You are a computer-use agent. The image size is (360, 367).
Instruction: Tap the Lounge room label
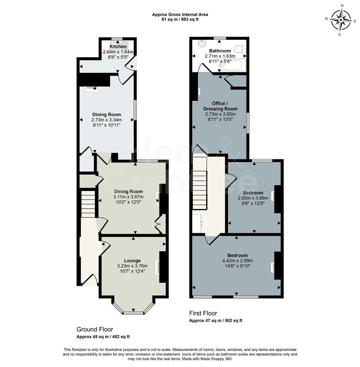[132, 261]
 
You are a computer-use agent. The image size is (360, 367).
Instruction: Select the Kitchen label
[118, 47]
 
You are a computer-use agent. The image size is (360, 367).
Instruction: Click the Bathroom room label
[220, 51]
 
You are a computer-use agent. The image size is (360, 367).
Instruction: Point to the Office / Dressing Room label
[220, 106]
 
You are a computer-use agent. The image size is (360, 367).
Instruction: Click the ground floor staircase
[88, 204]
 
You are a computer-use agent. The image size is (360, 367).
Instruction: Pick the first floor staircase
[200, 183]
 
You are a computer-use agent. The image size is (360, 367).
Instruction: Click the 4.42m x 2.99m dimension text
[237, 261]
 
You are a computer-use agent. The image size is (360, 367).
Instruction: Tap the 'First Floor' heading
[203, 313]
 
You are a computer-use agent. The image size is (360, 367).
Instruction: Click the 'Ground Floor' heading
[95, 329]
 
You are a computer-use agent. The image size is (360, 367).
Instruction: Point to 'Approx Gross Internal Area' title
[180, 14]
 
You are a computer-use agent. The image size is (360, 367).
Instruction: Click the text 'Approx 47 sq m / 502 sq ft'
[216, 321]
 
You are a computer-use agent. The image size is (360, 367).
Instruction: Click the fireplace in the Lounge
[158, 267]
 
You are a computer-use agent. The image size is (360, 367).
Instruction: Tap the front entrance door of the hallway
[89, 280]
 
